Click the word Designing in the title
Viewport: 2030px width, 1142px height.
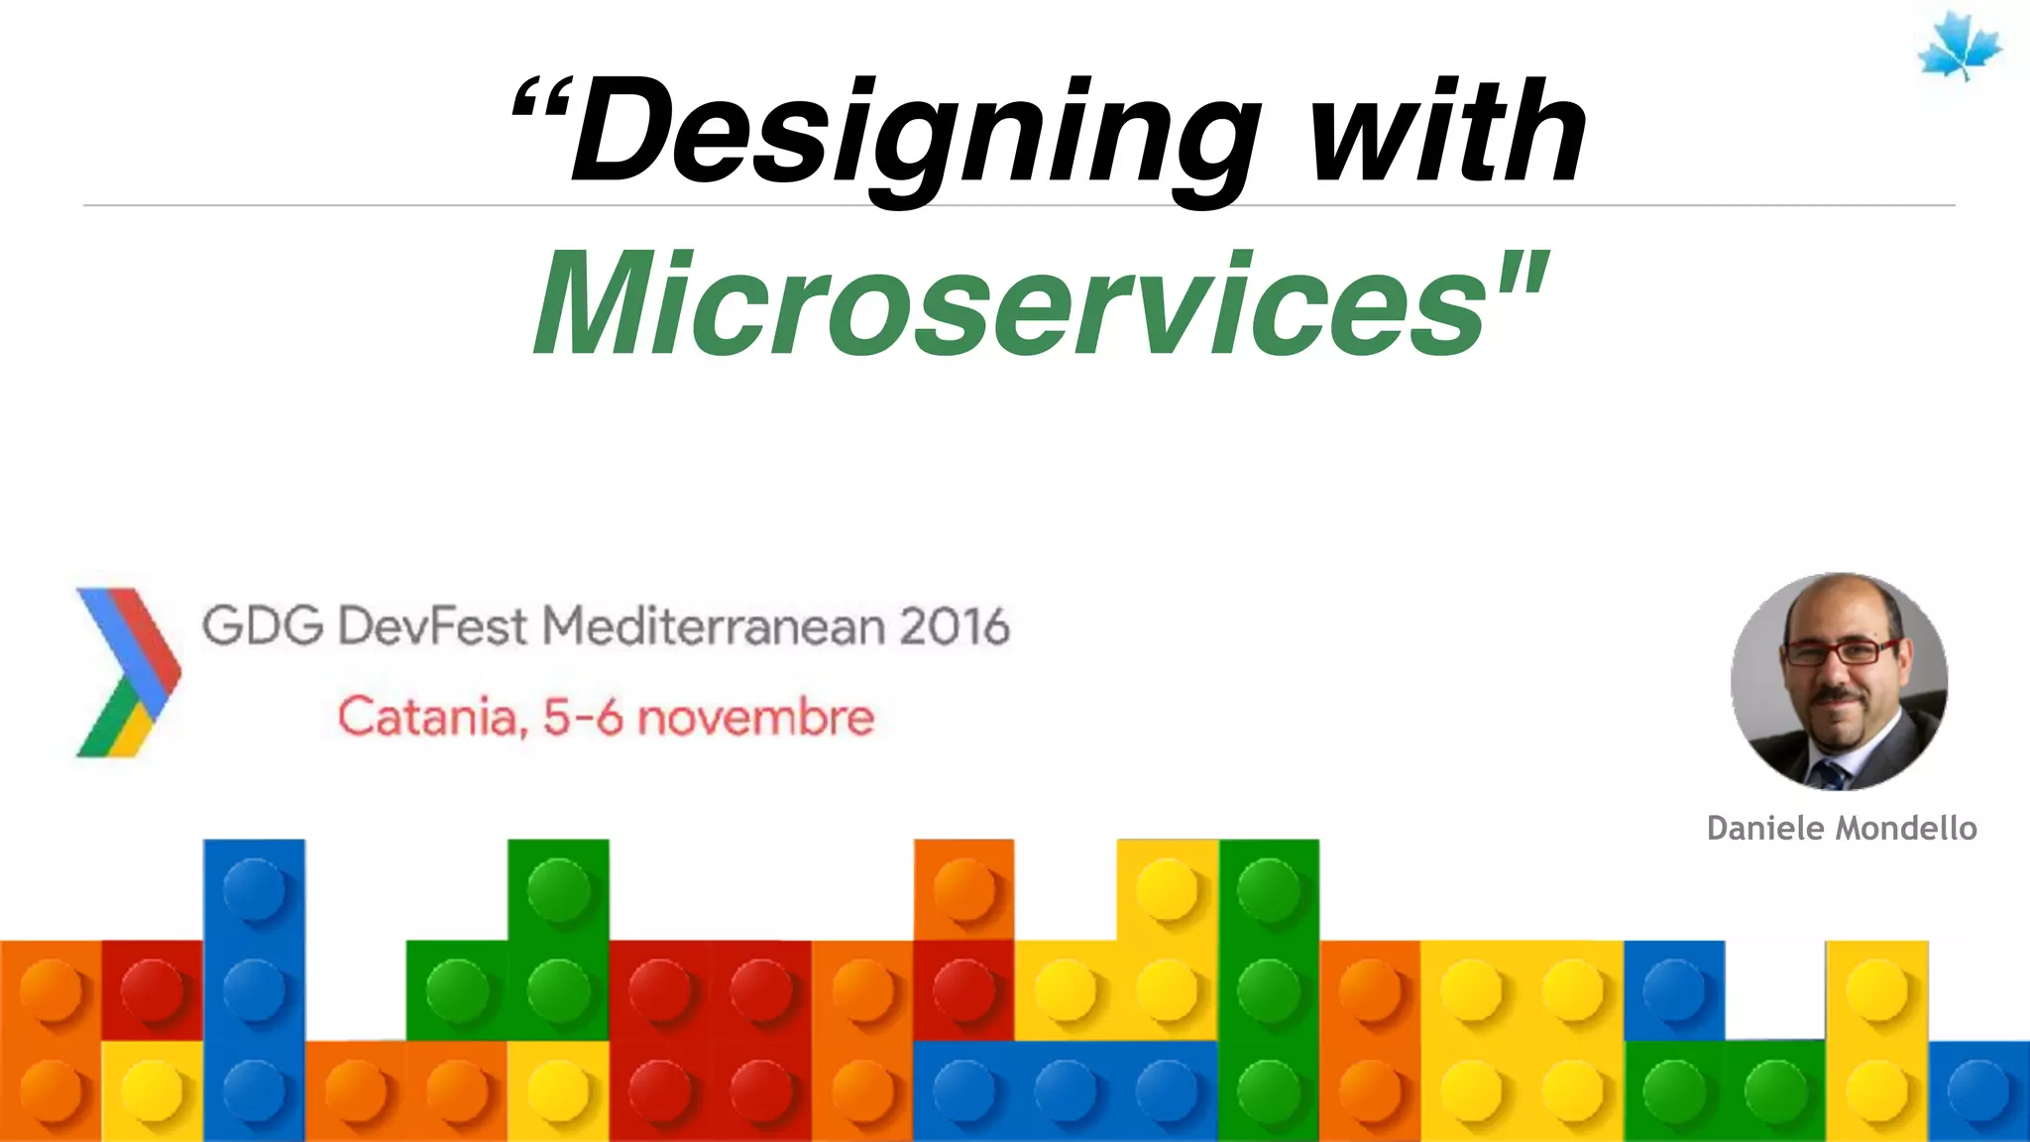pyautogui.click(x=912, y=134)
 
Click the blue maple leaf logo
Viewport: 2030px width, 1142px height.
pyautogui.click(x=1959, y=48)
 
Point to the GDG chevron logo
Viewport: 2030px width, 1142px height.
pyautogui.click(x=127, y=672)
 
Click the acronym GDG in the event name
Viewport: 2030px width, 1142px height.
pyautogui.click(x=263, y=627)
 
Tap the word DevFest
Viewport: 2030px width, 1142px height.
pyautogui.click(x=432, y=627)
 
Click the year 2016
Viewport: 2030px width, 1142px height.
pyautogui.click(x=954, y=627)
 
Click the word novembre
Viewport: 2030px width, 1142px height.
pyautogui.click(x=755, y=717)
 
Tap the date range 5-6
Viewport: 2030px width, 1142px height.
pyautogui.click(x=582, y=717)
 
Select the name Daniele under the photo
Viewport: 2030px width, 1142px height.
pyautogui.click(x=1766, y=828)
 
